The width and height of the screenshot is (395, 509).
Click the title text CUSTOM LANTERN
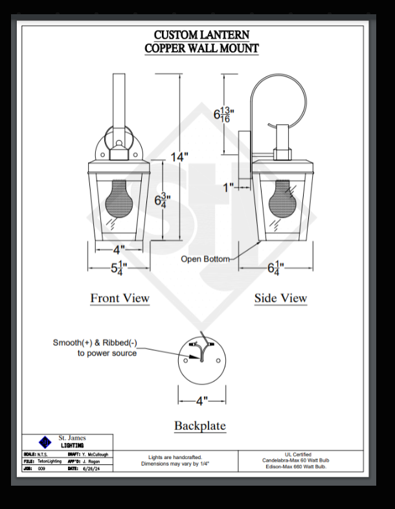point(201,35)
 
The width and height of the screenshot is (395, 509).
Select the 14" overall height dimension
point(179,157)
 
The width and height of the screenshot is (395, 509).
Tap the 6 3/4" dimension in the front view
point(162,201)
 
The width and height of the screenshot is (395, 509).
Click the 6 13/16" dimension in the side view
point(223,114)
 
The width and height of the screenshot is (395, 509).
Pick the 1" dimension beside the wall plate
point(228,187)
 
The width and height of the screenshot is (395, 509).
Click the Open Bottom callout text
point(205,259)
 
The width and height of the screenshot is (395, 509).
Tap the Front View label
point(120,299)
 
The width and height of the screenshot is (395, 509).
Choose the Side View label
point(280,299)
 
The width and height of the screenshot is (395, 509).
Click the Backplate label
point(200,426)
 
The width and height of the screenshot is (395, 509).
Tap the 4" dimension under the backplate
point(202,402)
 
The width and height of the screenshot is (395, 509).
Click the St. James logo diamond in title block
point(45,442)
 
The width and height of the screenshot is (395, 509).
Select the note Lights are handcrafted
point(175,457)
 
